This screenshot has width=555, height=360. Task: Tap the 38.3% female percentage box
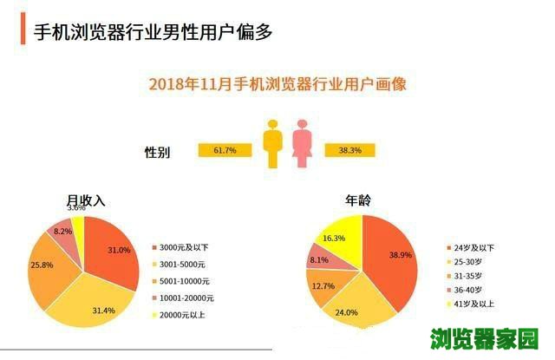coord(349,151)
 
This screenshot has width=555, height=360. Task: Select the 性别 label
coord(157,153)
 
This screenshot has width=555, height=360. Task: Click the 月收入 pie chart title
coord(86,200)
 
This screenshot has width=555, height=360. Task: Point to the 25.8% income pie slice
coord(48,265)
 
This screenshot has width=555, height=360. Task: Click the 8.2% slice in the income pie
coord(62,232)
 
